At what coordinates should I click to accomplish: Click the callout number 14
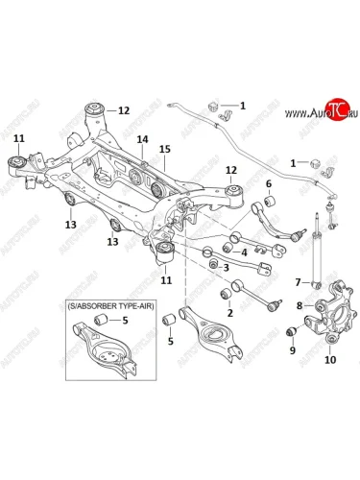coord(143,139)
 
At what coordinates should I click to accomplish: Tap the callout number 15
coord(165,149)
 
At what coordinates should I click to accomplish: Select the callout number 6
coord(269,183)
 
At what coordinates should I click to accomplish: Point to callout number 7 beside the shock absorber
coord(298,282)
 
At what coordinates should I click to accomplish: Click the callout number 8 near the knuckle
coord(300,306)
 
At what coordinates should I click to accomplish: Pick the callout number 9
coord(293,350)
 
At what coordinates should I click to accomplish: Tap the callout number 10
coord(330,360)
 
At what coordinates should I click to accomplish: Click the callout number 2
coord(230,313)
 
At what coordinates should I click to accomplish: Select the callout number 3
coord(226,268)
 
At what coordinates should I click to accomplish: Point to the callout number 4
coord(244,252)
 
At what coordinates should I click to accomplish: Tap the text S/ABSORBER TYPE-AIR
coord(111,306)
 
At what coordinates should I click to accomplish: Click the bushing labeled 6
coord(271,202)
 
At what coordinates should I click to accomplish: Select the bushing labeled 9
coord(292,332)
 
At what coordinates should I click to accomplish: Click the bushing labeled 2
coord(227,294)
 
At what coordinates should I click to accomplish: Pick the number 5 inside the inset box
coord(125,320)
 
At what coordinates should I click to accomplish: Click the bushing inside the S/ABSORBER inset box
coord(101,319)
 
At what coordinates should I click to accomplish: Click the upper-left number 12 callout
coord(124,110)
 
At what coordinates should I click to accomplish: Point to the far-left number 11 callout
coord(19,139)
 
